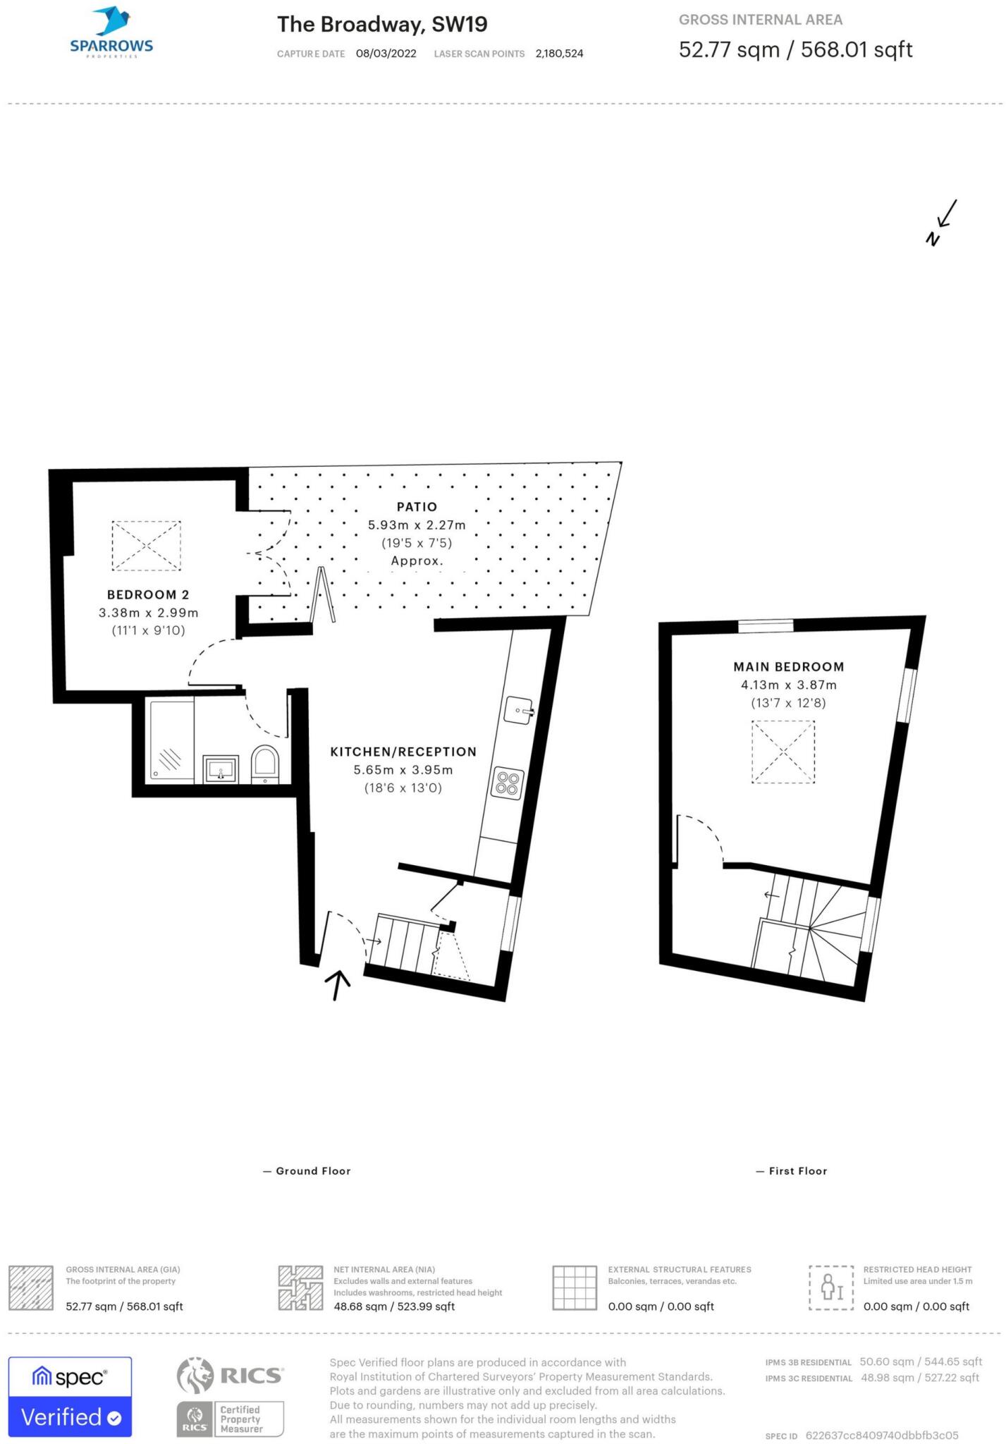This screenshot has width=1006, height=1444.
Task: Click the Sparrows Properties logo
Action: (111, 32)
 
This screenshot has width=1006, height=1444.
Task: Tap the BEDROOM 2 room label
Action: (148, 594)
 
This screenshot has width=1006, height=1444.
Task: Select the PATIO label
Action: (417, 507)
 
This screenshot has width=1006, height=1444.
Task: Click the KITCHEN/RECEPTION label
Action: (403, 752)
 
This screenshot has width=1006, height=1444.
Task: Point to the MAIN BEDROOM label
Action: (788, 666)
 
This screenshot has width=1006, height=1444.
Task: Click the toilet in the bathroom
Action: (266, 764)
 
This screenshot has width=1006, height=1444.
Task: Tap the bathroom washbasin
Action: (221, 769)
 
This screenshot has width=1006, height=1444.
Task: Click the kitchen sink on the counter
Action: (519, 710)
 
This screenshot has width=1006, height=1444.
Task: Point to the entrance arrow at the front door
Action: (338, 984)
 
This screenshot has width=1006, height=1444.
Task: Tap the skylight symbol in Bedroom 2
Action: (146, 546)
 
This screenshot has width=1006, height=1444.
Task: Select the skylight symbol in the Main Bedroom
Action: (783, 752)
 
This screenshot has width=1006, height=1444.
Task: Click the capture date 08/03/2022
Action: (386, 54)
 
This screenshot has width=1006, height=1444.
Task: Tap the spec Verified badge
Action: (70, 1397)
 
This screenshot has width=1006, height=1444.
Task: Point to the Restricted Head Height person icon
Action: (831, 1287)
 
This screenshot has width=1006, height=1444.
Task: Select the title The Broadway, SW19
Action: (382, 25)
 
